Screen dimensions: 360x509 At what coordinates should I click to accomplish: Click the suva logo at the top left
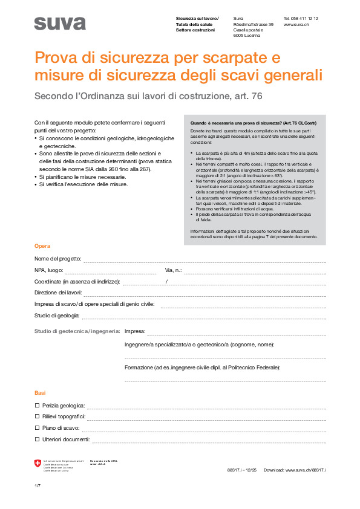[59, 24]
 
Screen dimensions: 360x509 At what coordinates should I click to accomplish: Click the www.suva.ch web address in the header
[296, 24]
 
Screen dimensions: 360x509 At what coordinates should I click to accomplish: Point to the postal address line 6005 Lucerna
[247, 35]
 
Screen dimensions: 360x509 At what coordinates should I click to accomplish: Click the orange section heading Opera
[42, 246]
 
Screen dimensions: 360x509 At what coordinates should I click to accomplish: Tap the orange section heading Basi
[40, 393]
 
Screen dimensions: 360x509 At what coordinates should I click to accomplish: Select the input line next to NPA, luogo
[110, 271]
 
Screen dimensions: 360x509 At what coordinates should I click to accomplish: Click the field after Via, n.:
[254, 271]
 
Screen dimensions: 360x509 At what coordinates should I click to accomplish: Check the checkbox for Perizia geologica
[37, 405]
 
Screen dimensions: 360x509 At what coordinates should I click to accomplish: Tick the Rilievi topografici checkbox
[37, 417]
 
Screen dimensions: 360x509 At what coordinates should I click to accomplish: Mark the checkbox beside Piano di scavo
[37, 427]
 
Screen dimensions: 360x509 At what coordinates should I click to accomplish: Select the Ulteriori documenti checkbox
[37, 439]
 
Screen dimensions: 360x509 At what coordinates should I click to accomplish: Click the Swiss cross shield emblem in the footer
[38, 464]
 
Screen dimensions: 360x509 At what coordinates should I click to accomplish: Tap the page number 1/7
[38, 486]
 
